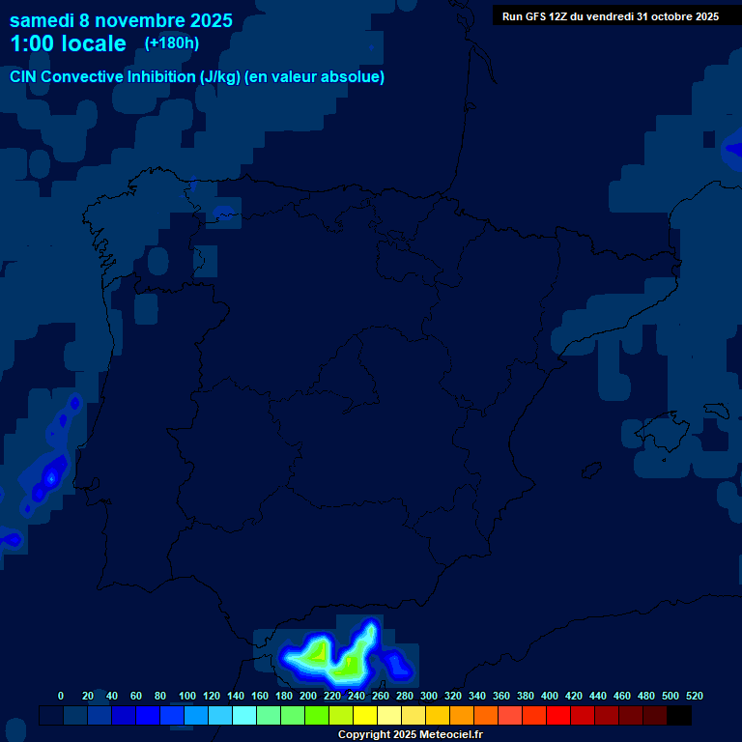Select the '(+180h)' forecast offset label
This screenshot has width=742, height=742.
pos(172,43)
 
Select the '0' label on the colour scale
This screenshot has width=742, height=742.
pos(61,696)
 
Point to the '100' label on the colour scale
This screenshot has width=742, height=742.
pos(187,696)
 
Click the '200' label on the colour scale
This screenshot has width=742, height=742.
pos(308,696)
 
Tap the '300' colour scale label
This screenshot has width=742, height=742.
pos(429,696)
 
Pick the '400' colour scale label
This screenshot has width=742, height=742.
pos(550,696)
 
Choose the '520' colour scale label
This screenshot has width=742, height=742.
pos(695,696)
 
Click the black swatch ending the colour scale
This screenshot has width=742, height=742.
pos(679,716)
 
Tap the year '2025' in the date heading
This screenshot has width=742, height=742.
pos(212,19)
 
